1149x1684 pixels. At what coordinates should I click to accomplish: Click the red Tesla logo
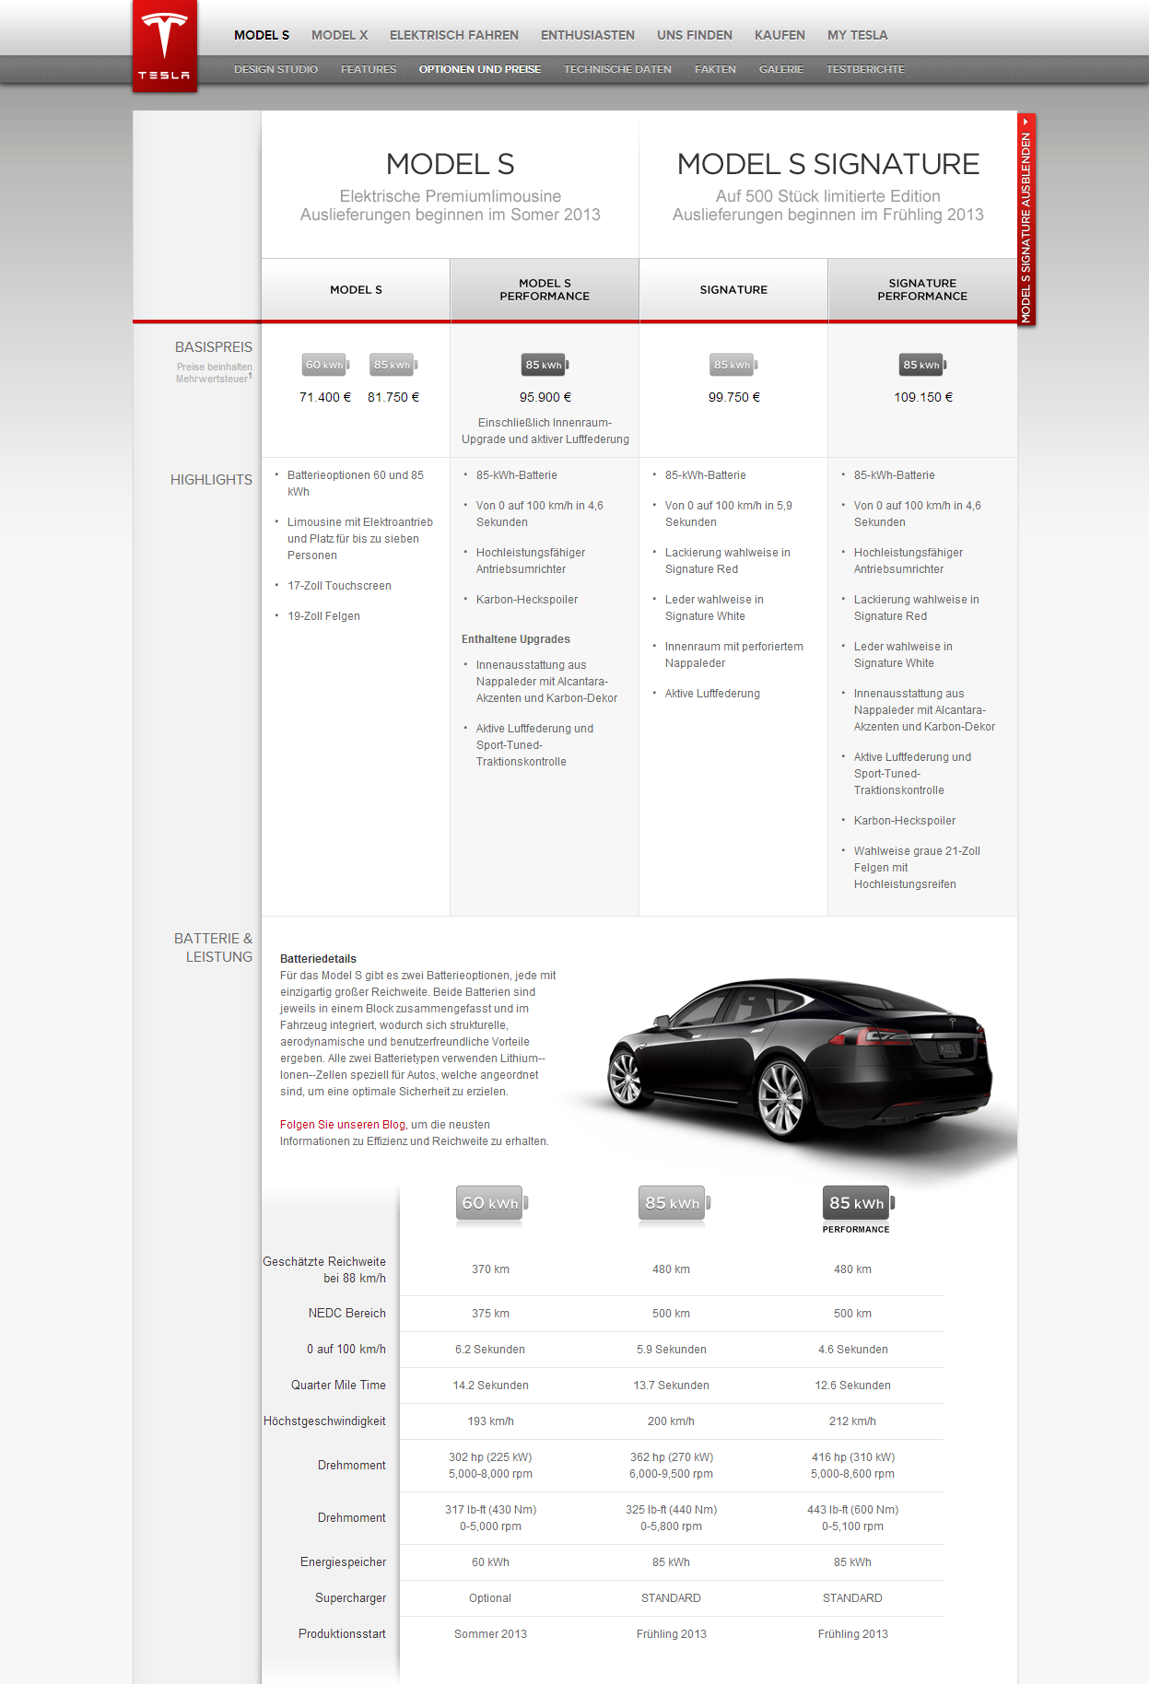click(164, 45)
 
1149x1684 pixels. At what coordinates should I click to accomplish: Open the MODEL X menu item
click(339, 35)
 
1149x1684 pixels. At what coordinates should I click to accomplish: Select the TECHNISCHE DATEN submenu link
click(617, 69)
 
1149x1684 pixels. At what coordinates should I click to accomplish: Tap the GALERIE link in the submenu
click(780, 69)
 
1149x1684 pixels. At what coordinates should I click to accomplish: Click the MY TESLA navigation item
click(857, 35)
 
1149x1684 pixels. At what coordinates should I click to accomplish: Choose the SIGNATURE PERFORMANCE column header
click(921, 290)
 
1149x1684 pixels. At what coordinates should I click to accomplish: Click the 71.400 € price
click(325, 397)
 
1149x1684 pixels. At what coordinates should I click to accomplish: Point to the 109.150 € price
click(922, 397)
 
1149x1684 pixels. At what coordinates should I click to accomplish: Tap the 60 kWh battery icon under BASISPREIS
click(325, 365)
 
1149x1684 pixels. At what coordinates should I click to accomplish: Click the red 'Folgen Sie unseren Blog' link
click(343, 1125)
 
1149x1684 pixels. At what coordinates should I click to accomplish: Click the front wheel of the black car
click(780, 1099)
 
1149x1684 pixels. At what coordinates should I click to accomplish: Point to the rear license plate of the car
click(949, 1048)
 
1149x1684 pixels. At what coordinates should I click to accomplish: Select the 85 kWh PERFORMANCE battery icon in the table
click(857, 1203)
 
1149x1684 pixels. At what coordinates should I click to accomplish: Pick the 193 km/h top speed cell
click(490, 1421)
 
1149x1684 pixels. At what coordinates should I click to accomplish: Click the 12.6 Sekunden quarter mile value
click(852, 1386)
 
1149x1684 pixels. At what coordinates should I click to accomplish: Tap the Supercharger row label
click(350, 1598)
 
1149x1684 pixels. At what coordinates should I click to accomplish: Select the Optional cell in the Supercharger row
click(490, 1598)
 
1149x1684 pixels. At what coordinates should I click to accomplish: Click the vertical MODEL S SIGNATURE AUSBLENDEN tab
click(1026, 221)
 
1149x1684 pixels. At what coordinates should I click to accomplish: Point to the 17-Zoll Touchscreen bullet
click(339, 586)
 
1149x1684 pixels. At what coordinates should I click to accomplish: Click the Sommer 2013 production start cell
click(490, 1634)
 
